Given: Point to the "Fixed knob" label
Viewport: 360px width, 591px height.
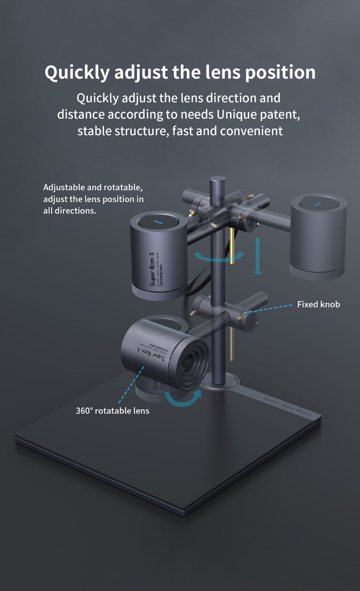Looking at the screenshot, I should click(x=318, y=304).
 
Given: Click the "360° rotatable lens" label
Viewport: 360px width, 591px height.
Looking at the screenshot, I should click(x=112, y=411).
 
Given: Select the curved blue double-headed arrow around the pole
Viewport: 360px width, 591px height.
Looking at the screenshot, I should click(x=219, y=256).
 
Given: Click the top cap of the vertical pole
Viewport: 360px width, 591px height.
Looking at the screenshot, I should click(x=217, y=181).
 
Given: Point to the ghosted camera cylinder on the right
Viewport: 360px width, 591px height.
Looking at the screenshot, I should click(x=318, y=236).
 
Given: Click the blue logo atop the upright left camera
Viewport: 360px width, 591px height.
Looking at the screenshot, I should click(x=158, y=222).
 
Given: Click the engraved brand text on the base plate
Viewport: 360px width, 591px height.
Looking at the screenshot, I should click(x=288, y=406).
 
